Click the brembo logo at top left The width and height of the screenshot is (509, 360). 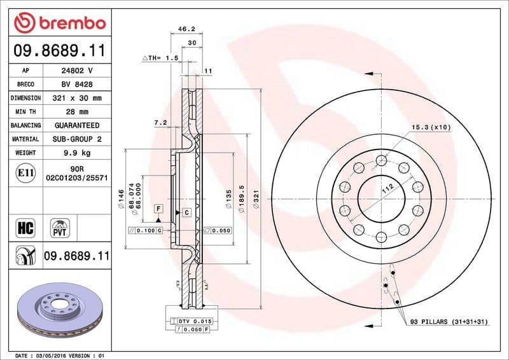click(59, 22)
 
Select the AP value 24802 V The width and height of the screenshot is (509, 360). click(76, 71)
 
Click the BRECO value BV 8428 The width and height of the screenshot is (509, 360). click(76, 85)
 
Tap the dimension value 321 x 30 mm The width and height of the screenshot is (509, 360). click(76, 99)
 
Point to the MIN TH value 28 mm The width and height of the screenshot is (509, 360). click(76, 112)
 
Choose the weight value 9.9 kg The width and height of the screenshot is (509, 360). click(76, 153)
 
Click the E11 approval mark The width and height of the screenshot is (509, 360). click(26, 172)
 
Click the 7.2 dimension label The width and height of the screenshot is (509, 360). click(160, 121)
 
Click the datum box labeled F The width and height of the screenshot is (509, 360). click(157, 209)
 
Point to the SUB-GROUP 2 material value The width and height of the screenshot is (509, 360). click(76, 139)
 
